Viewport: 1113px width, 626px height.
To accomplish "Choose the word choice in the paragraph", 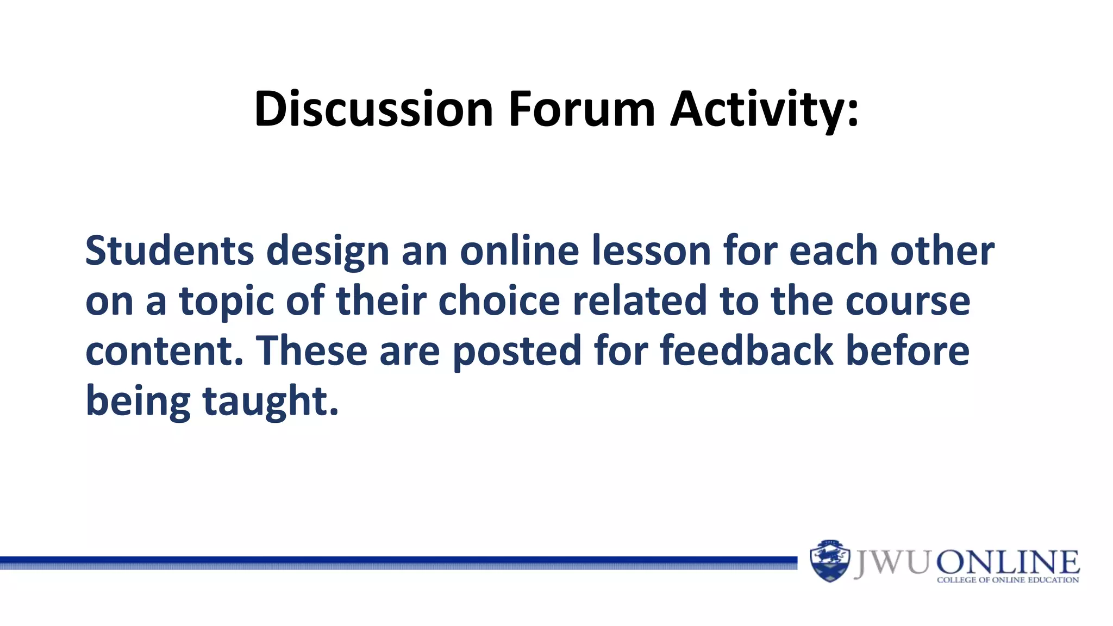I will point(499,301).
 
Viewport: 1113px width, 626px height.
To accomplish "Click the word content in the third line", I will point(163,351).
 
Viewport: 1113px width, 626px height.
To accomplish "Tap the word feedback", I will point(746,351).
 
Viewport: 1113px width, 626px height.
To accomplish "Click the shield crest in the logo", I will point(829,561).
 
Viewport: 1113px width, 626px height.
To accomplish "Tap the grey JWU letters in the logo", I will point(892,562).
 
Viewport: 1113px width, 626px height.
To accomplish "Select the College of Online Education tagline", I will point(1008,580).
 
